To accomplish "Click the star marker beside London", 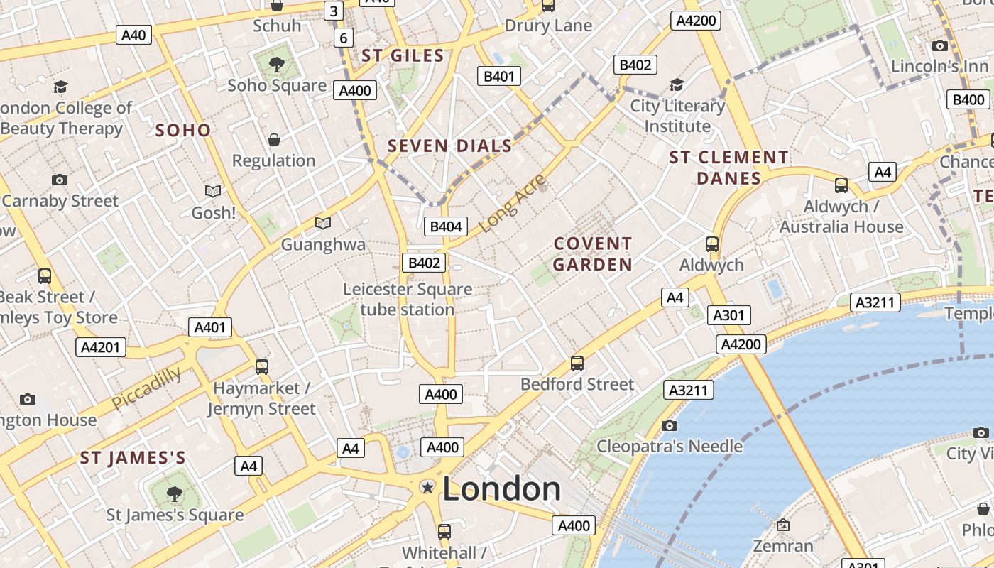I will click(427, 487).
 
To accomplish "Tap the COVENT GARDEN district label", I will click(592, 254).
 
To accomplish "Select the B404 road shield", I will click(446, 226).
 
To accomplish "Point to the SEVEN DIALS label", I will click(449, 146).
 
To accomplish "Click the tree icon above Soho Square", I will click(277, 65).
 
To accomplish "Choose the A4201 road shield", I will click(101, 347).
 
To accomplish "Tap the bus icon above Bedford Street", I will click(577, 364).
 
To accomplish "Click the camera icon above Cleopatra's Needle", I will click(669, 425).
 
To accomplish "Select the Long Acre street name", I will click(512, 203).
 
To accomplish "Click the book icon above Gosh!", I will click(213, 191).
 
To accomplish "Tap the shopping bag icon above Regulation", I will click(273, 140).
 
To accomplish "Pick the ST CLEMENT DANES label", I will click(728, 168).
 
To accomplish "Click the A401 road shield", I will click(210, 327).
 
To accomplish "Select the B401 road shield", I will click(499, 76).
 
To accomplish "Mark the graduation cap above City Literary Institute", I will click(677, 84).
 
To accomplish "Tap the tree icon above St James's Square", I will click(175, 493).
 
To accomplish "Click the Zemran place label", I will click(783, 546).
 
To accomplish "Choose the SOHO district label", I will click(182, 130).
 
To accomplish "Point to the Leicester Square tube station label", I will click(408, 300).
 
